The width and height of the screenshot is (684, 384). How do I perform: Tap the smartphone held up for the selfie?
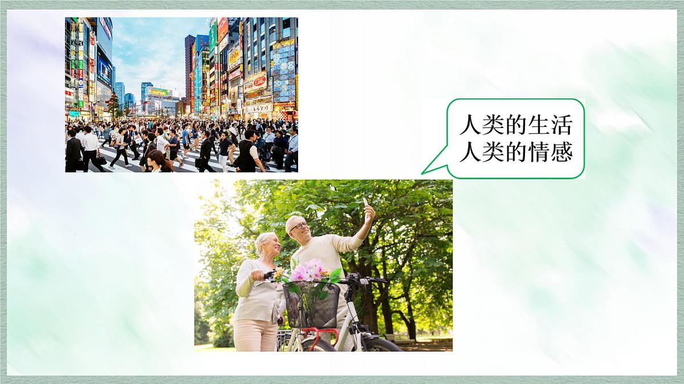pyautogui.click(x=365, y=202)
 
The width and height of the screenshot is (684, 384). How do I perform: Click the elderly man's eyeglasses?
pyautogui.click(x=298, y=226)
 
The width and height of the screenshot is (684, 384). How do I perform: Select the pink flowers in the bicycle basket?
pyautogui.click(x=308, y=271)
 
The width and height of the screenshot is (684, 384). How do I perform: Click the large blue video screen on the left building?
pyautogui.click(x=104, y=71)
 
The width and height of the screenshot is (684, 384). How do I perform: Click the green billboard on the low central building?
pyautogui.click(x=159, y=92)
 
